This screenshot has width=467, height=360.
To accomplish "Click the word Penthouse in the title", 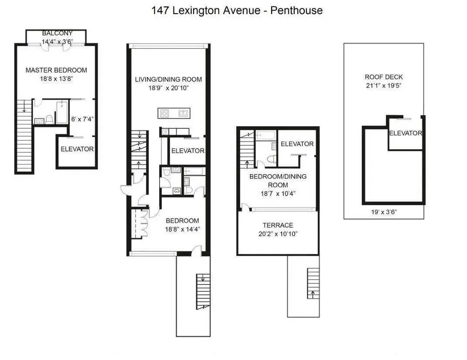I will click(x=297, y=10).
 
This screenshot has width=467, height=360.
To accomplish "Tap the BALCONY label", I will click(x=57, y=34).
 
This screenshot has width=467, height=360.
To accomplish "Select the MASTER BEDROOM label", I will click(x=56, y=70).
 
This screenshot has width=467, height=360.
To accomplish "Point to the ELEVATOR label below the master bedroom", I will click(x=77, y=149).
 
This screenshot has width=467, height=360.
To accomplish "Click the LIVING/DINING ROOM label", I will click(x=168, y=79).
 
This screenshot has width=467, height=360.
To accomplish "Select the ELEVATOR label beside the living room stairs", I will click(x=187, y=151).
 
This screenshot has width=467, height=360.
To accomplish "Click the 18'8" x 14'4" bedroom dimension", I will click(x=182, y=229).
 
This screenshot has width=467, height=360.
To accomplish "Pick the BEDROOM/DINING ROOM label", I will click(x=278, y=181).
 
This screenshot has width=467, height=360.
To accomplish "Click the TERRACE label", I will click(x=278, y=225).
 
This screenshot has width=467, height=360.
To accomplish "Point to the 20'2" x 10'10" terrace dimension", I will click(x=278, y=233).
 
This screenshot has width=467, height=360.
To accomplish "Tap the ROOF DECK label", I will click(x=384, y=77).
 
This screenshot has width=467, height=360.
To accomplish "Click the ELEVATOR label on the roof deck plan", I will click(x=406, y=133).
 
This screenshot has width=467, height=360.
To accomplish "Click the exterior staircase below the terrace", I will click(x=313, y=283).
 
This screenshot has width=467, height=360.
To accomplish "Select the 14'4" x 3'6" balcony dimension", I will click(x=57, y=42).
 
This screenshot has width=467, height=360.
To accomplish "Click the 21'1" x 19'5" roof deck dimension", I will click(x=384, y=86).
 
